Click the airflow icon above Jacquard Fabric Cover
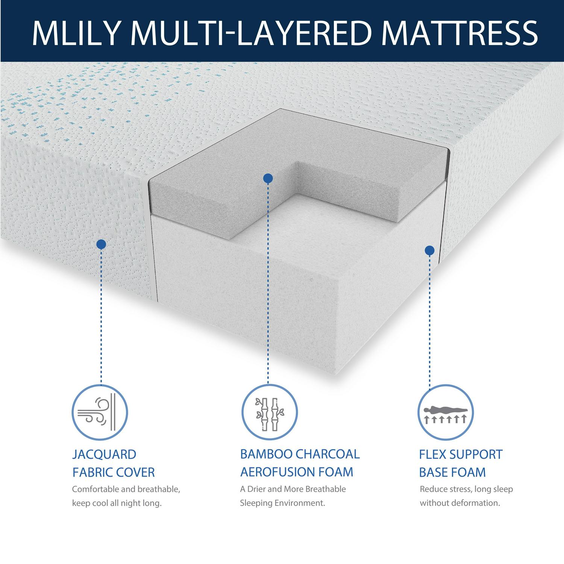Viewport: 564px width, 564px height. pyautogui.click(x=100, y=413)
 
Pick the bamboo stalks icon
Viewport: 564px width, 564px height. pyautogui.click(x=269, y=413)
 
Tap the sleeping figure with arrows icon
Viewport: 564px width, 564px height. pyautogui.click(x=446, y=413)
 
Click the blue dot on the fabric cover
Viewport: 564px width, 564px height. pyautogui.click(x=101, y=244)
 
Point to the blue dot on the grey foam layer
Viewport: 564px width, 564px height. pyautogui.click(x=268, y=178)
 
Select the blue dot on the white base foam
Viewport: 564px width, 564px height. pyautogui.click(x=429, y=250)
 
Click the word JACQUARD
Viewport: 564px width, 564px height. pyautogui.click(x=104, y=454)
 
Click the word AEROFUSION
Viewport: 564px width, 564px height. pyautogui.click(x=278, y=472)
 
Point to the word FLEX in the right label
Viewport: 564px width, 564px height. pyautogui.click(x=432, y=454)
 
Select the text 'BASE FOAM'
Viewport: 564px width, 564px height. pyautogui.click(x=452, y=472)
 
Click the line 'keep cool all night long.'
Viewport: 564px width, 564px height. pyautogui.click(x=117, y=503)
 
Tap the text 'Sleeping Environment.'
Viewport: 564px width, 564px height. pyautogui.click(x=283, y=503)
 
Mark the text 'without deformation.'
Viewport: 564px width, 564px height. pyautogui.click(x=460, y=503)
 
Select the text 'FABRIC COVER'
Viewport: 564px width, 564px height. pyautogui.click(x=114, y=472)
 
